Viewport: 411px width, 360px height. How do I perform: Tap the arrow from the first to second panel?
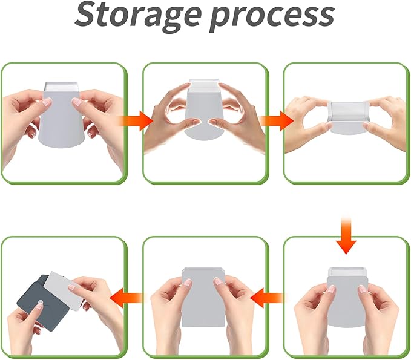[x=135, y=121]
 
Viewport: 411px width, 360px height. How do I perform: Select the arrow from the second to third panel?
[x=277, y=121]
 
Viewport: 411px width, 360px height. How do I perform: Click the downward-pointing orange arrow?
[x=346, y=235]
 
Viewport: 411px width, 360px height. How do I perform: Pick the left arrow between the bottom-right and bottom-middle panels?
[x=267, y=298]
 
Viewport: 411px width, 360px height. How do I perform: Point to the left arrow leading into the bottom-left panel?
[x=127, y=298]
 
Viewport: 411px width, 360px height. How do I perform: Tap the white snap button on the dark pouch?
[x=40, y=303]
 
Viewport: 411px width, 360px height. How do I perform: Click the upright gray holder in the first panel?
[x=62, y=115]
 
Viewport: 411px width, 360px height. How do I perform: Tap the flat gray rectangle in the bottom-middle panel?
[x=203, y=298]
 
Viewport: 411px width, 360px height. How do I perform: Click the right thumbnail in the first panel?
[x=77, y=102]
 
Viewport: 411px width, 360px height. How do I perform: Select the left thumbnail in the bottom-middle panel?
[x=188, y=282]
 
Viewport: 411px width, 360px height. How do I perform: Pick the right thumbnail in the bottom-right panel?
[x=363, y=289]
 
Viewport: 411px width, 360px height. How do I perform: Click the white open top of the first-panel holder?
[x=62, y=87]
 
